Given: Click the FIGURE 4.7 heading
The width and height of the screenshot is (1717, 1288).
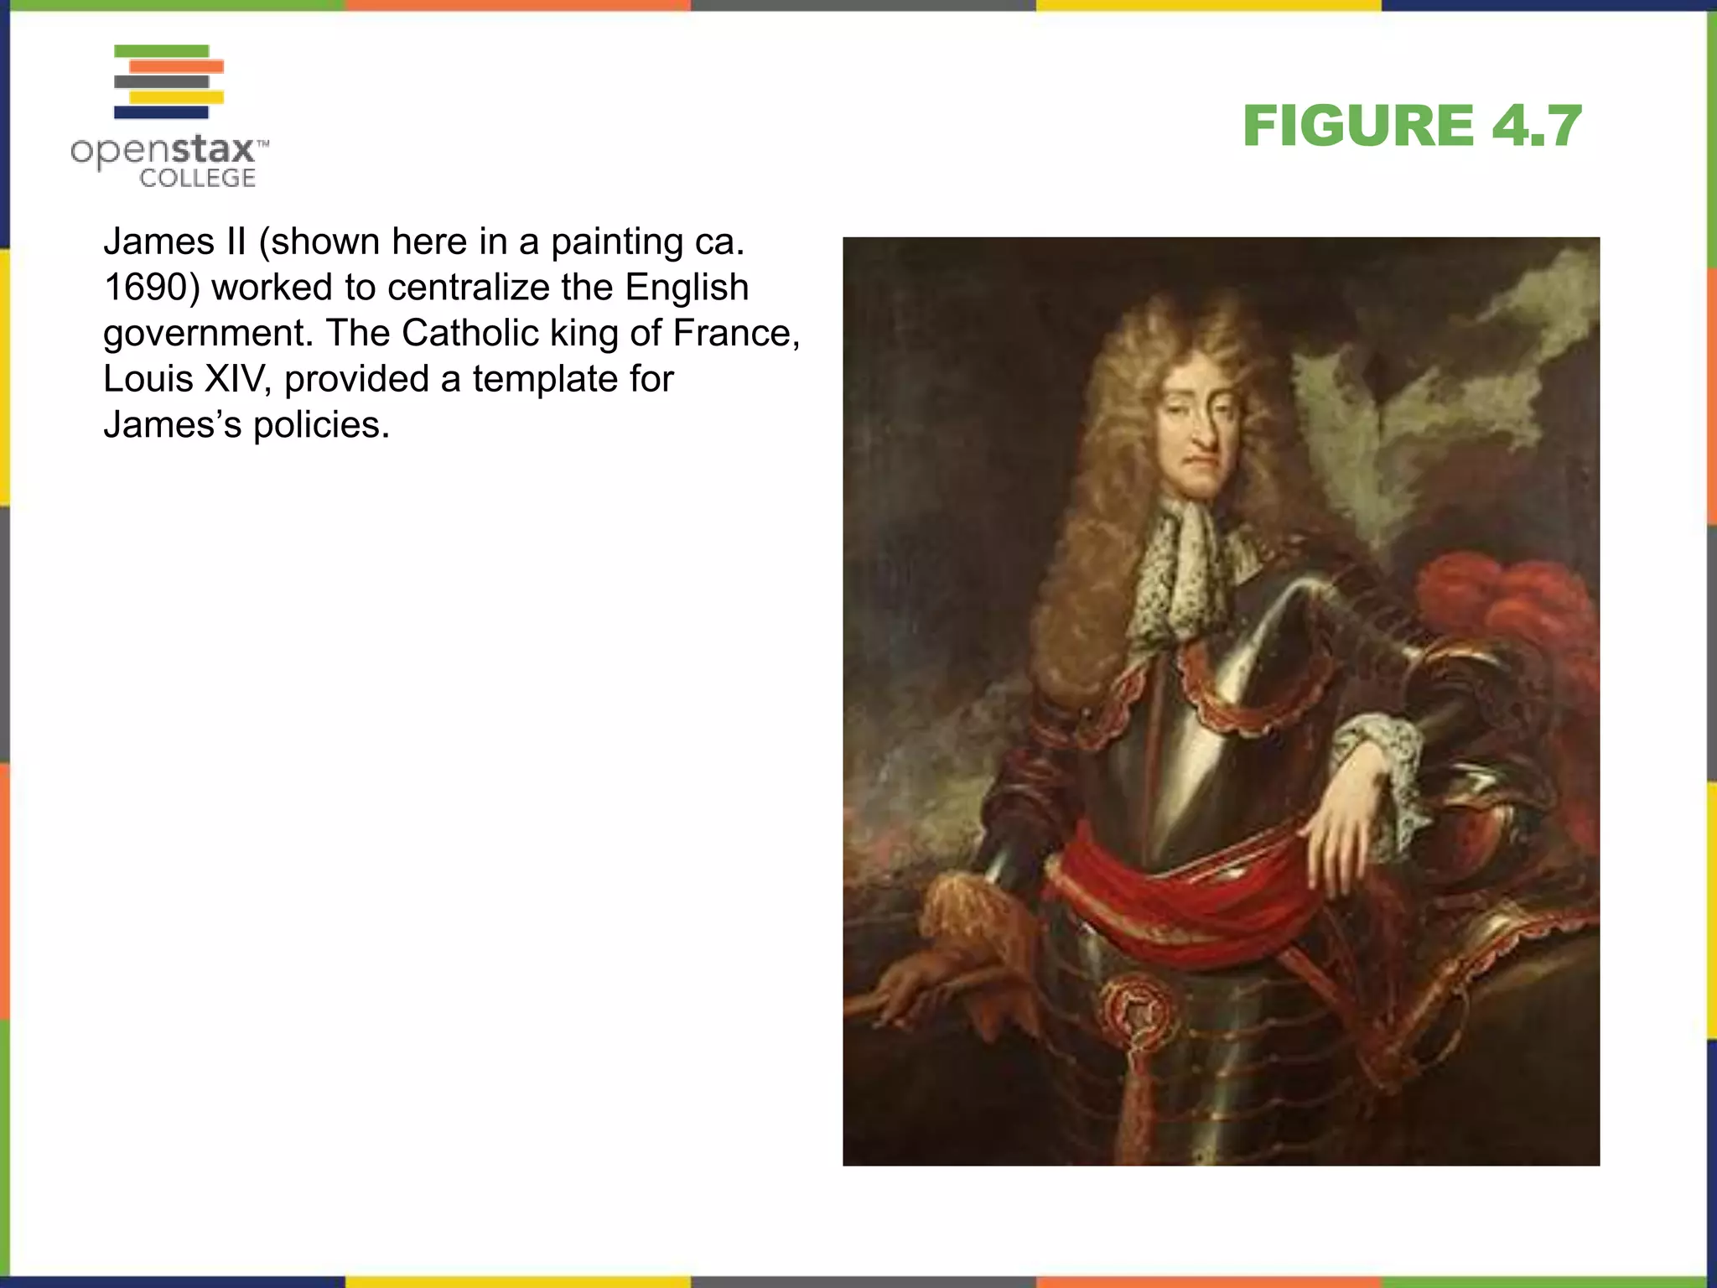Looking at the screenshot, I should pyautogui.click(x=1412, y=126).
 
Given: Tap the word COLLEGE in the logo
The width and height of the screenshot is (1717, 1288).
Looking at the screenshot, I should pyautogui.click(x=197, y=178).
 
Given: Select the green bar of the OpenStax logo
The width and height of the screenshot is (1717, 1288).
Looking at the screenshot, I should pyautogui.click(x=161, y=51).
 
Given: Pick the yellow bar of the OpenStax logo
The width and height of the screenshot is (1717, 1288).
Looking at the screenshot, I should pyautogui.click(x=176, y=97).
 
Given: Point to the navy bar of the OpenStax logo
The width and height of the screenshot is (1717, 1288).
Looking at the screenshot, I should pyautogui.click(x=161, y=112).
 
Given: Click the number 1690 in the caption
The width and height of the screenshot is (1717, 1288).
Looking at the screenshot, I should pyautogui.click(x=145, y=288).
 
